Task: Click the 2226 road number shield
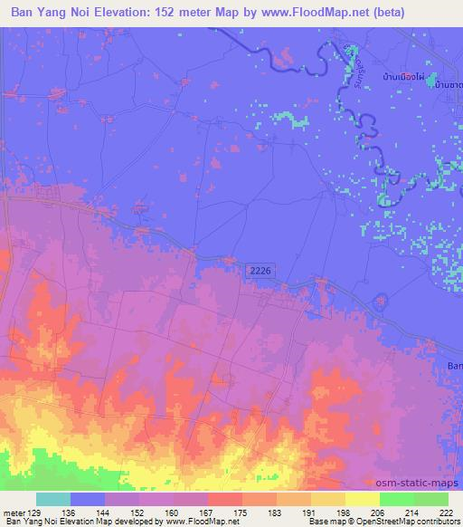259,269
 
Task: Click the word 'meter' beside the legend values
15,512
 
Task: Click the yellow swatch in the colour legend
362,499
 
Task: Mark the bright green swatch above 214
396,499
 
